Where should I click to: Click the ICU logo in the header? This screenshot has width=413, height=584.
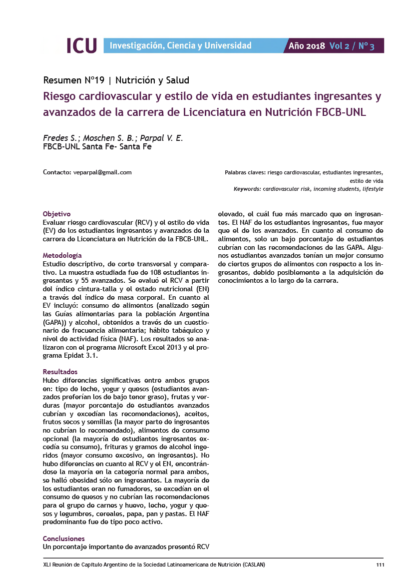tap(81, 45)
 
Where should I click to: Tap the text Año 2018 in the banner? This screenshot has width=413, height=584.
tap(307, 46)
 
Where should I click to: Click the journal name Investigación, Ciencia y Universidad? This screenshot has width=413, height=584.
tap(180, 46)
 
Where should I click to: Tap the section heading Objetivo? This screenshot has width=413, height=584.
tap(57, 213)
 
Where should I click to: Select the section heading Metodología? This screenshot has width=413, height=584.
tap(62, 255)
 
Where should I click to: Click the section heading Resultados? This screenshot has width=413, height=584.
tap(60, 372)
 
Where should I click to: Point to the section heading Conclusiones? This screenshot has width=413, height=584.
tap(64, 539)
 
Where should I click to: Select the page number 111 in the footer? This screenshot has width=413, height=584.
tap(380, 565)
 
